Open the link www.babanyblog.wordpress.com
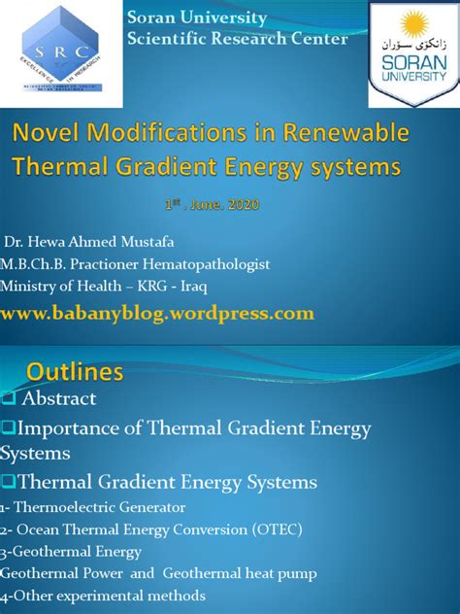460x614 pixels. pos(158,313)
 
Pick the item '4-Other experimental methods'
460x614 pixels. pos(103,594)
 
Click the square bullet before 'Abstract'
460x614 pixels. pos(8,399)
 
